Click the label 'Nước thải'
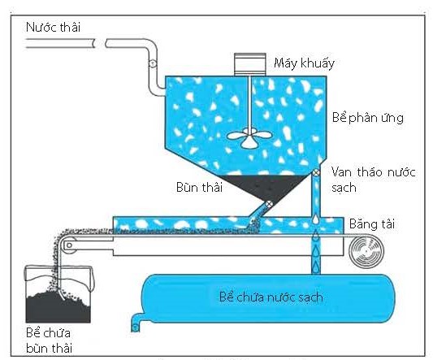tap(53, 28)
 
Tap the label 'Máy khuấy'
tap(304, 63)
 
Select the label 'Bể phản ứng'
tap(367, 118)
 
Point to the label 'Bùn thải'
tap(199, 188)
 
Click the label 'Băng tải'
tap(372, 223)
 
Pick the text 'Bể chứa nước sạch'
tap(271, 297)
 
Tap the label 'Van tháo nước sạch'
tap(373, 180)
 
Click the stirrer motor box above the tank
tap(250, 64)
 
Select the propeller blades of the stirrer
tap(249, 137)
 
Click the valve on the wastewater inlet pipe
tap(153, 63)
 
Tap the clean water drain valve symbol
tap(316, 172)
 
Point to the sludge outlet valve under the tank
tap(269, 205)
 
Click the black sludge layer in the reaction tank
tap(264, 186)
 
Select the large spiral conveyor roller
tap(366, 250)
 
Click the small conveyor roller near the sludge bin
tap(69, 245)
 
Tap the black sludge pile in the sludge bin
tap(58, 307)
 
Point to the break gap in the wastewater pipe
tap(100, 43)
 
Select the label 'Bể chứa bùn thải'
tap(49, 340)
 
